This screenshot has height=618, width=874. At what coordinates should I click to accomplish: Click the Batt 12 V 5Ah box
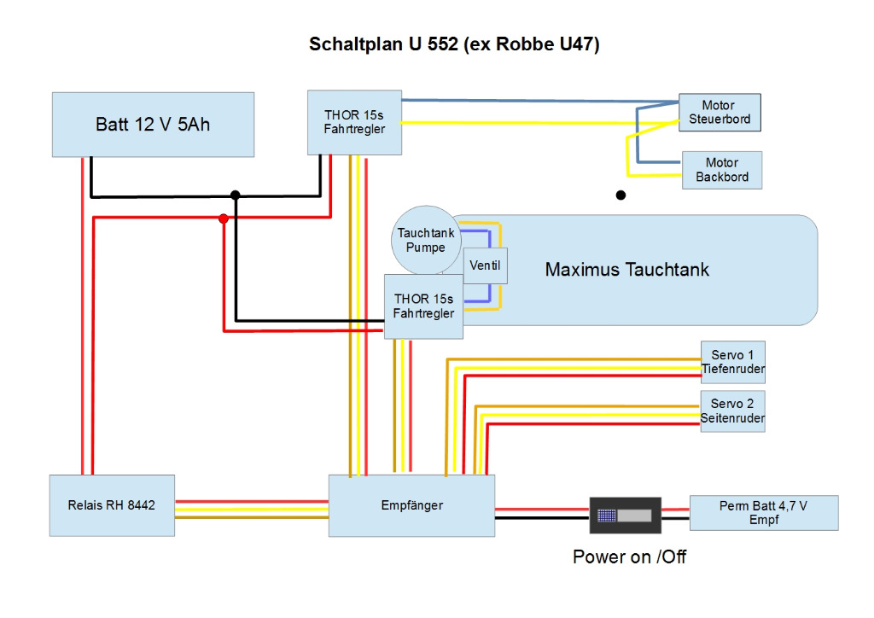pos(153,125)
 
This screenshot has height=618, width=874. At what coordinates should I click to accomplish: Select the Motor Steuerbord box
pos(720,113)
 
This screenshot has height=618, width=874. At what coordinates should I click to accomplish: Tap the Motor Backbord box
pos(721,170)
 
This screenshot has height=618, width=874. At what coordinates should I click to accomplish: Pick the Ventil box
pos(485,265)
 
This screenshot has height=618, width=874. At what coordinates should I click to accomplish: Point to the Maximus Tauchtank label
pos(626,270)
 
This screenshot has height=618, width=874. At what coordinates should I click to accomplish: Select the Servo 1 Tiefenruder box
pos(732,362)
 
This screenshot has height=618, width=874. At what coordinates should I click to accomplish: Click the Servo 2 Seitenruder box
pos(732,411)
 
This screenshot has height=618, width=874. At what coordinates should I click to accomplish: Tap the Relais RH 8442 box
pos(112,505)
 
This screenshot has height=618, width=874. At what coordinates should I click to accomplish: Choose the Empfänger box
pos(411,505)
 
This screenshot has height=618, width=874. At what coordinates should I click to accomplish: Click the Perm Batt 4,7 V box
pos(763,512)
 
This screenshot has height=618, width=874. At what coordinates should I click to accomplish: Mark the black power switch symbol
pos(626,516)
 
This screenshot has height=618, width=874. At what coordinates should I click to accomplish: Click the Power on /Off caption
pos(629,557)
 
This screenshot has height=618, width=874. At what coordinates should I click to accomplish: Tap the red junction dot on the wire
pos(224,219)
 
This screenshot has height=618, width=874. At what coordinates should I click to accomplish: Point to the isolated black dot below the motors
pos(621,195)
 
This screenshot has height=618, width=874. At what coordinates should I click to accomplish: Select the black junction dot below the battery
pos(236,195)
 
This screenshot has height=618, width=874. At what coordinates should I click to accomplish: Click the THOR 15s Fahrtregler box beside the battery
pos(354,122)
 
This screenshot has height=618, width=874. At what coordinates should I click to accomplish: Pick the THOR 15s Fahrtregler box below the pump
pos(424,306)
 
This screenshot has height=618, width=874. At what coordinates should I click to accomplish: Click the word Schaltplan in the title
pos(354,44)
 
